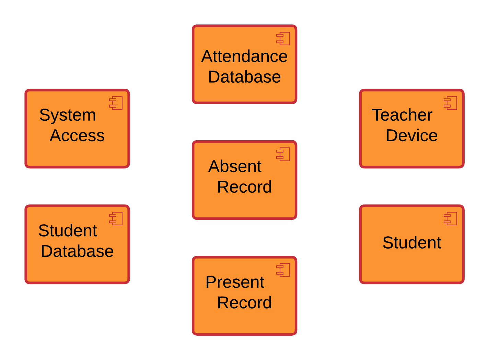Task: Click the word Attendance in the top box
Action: coord(244,56)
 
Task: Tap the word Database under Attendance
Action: coord(244,77)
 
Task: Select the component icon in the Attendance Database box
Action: coord(283,38)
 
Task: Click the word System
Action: coord(67,115)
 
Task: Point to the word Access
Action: coord(77,135)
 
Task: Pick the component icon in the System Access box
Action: coord(116,103)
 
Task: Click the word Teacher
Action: coord(402,115)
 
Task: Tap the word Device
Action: coord(411,135)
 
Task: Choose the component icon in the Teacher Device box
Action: coord(451,103)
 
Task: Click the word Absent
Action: coord(235,167)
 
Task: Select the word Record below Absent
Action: coord(244,187)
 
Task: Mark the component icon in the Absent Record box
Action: coord(283,154)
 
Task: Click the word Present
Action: coord(235,282)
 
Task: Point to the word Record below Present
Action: coord(244,303)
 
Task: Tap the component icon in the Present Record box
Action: coord(283,270)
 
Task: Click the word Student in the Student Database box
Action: coord(68,230)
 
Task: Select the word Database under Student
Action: coord(77,251)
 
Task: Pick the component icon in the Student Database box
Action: coord(116,218)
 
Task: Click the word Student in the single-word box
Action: coord(411,243)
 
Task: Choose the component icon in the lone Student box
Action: coord(451,218)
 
